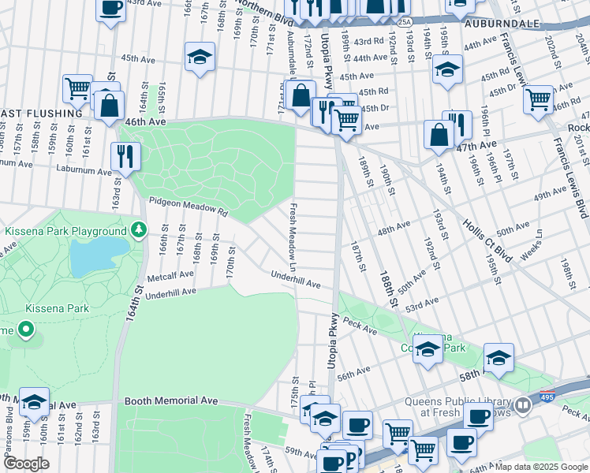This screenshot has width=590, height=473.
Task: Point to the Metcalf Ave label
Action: point(170,275)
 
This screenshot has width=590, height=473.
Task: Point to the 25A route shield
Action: point(405,22)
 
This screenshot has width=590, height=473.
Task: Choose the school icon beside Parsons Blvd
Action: point(34,401)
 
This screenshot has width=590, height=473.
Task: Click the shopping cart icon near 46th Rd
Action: point(538,99)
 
